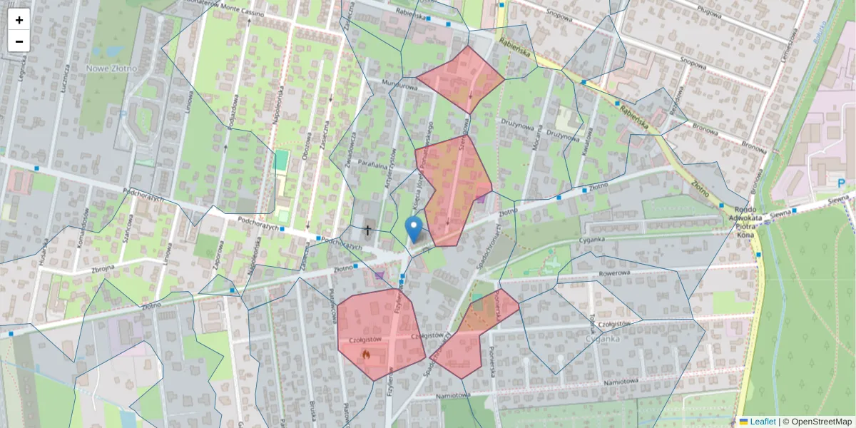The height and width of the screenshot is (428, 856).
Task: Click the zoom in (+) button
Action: (x=19, y=20)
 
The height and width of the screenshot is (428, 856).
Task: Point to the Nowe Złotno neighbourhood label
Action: (x=111, y=68)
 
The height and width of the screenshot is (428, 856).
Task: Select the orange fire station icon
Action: (x=366, y=353)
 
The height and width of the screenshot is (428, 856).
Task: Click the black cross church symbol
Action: (x=367, y=230)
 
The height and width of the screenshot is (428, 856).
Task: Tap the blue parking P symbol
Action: (x=842, y=183)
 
